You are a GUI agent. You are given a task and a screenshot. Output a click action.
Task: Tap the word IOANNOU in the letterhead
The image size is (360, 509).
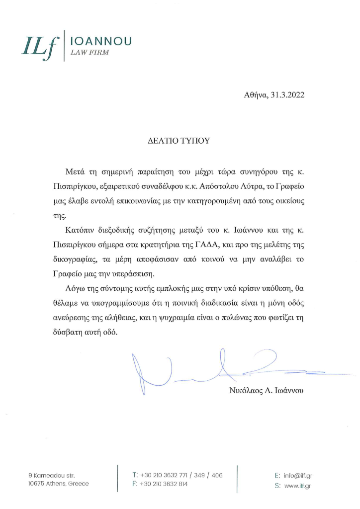(102, 41)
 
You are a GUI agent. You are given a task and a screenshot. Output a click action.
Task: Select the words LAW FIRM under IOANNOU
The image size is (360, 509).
(90, 52)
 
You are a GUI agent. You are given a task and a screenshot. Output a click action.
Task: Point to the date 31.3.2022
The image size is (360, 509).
(287, 94)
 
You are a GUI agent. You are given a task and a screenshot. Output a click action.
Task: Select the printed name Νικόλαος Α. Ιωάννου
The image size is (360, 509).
(262, 391)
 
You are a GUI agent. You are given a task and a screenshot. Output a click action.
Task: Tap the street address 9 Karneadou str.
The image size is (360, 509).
(51, 476)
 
